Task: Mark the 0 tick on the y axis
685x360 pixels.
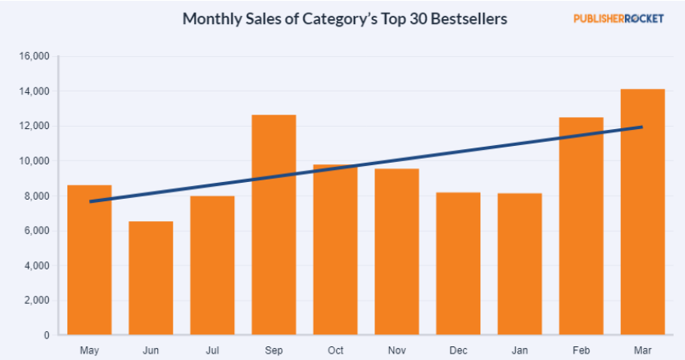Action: (x=47, y=335)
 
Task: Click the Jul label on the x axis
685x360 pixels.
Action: (x=212, y=350)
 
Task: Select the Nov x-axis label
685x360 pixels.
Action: (x=396, y=350)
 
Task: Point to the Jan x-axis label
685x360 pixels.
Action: (x=519, y=350)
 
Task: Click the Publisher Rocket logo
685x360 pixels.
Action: (x=618, y=18)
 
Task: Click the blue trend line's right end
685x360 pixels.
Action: (x=641, y=127)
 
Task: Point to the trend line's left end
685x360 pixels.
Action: (x=91, y=201)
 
